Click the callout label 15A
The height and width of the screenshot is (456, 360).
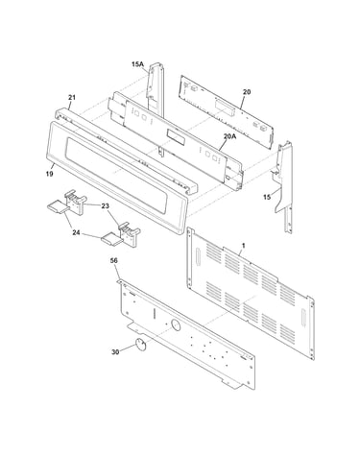[137, 64]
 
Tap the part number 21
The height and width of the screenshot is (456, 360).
[72, 97]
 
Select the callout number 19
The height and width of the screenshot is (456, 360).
[49, 174]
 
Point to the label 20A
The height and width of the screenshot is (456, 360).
[229, 136]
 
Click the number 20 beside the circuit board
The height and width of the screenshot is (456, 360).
[247, 92]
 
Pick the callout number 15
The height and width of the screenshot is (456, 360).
[267, 197]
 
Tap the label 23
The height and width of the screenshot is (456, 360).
[106, 206]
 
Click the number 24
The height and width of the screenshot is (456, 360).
[76, 232]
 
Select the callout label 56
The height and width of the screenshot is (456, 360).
[113, 260]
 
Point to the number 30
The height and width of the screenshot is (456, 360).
[115, 352]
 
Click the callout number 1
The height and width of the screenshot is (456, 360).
[244, 246]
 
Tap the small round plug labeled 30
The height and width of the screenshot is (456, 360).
[140, 344]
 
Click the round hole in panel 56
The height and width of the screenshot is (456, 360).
[176, 325]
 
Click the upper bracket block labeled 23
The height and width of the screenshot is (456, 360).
[75, 202]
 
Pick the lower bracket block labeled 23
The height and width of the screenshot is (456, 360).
[129, 234]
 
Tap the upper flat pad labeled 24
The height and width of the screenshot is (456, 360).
[58, 205]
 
